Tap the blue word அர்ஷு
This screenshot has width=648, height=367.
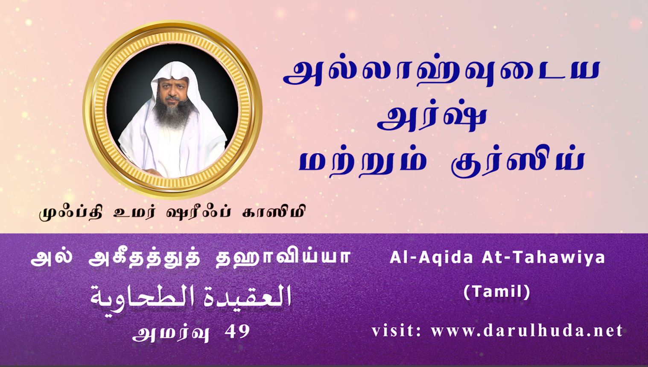431,119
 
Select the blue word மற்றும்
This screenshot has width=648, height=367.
363,162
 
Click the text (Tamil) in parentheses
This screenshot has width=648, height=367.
497,292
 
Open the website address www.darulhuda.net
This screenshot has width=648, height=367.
526,331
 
